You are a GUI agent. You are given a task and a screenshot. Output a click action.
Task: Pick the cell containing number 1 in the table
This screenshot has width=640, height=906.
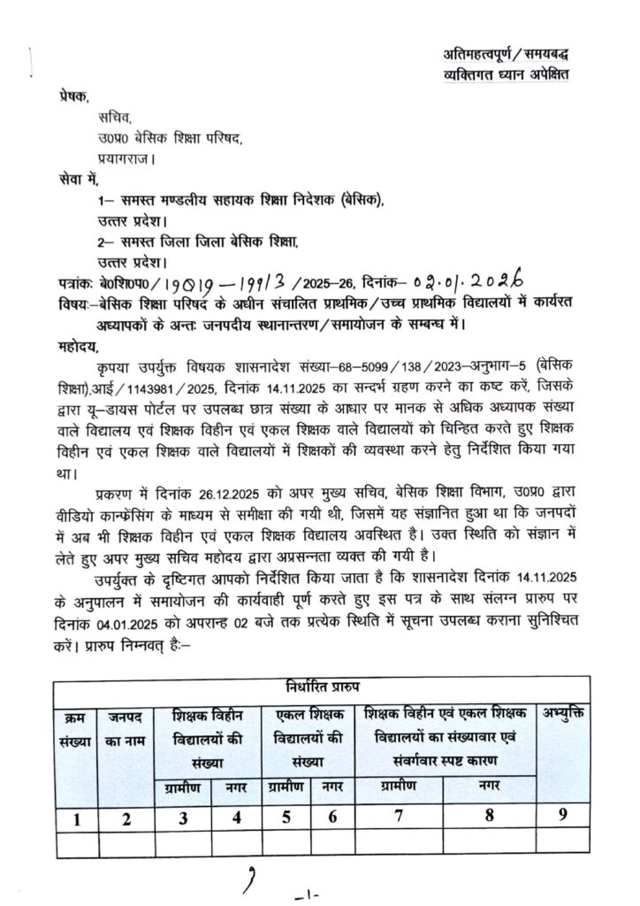[x=79, y=818]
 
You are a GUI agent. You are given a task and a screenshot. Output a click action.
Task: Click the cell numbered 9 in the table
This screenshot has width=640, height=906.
[x=566, y=817]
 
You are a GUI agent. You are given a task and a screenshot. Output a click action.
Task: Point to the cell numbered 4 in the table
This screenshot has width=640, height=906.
[x=236, y=818]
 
